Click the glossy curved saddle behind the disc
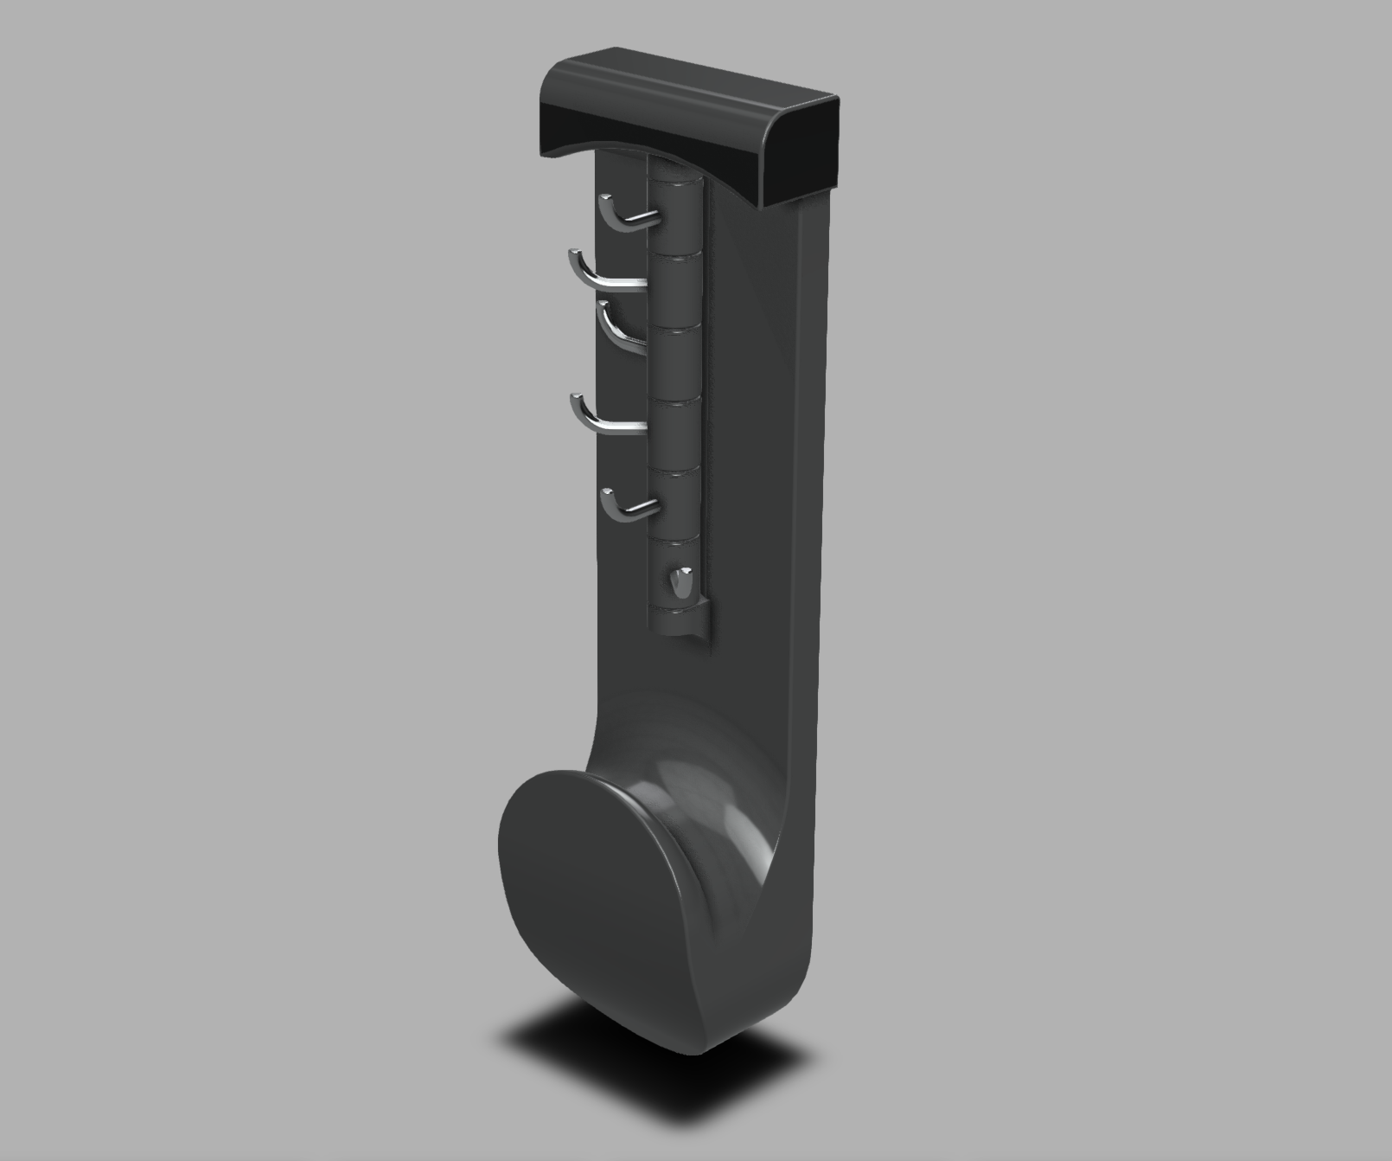(x=709, y=805)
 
